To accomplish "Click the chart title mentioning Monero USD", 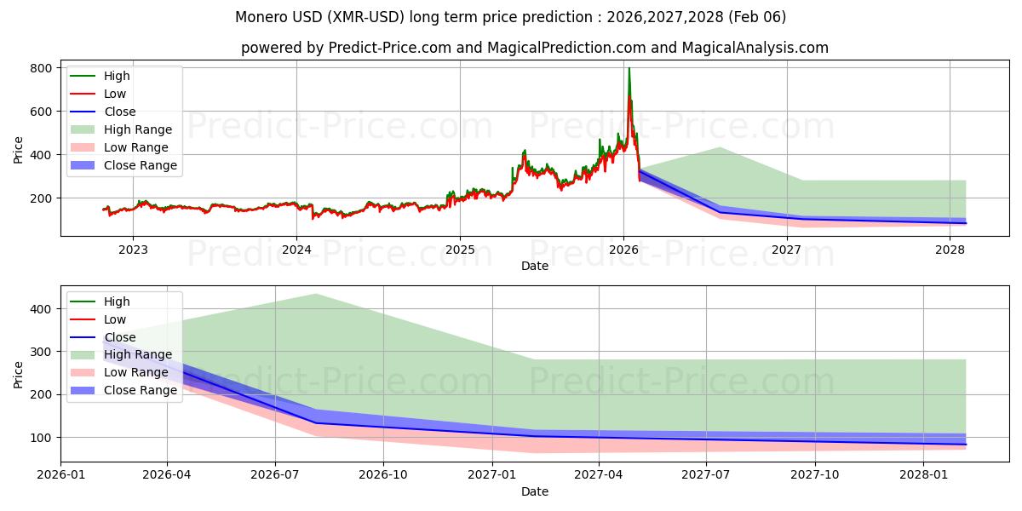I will tap(510, 17).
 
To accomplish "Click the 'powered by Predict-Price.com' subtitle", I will tap(534, 48).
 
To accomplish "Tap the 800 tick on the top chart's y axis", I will tap(40, 68).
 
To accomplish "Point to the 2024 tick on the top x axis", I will tap(296, 250).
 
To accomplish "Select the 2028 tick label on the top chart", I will tap(950, 250).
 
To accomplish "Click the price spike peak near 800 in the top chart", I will tap(629, 69).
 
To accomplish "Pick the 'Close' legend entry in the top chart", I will tap(119, 112).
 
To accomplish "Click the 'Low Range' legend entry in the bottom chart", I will tap(135, 372).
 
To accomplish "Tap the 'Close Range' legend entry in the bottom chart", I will tap(140, 390).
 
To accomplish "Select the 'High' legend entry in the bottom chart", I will tap(117, 301).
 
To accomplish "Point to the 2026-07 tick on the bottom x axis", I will tap(275, 474).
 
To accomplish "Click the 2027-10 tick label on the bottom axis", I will tap(815, 474).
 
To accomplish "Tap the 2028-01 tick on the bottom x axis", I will tap(923, 474).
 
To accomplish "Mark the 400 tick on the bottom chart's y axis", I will tap(40, 309).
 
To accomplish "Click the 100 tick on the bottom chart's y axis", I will tap(40, 438).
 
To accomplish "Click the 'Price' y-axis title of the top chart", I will tap(19, 150).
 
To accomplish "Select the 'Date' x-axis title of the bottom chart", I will tap(534, 491).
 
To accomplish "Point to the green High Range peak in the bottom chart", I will tap(315, 295).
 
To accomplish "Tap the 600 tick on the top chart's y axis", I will tap(40, 112).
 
